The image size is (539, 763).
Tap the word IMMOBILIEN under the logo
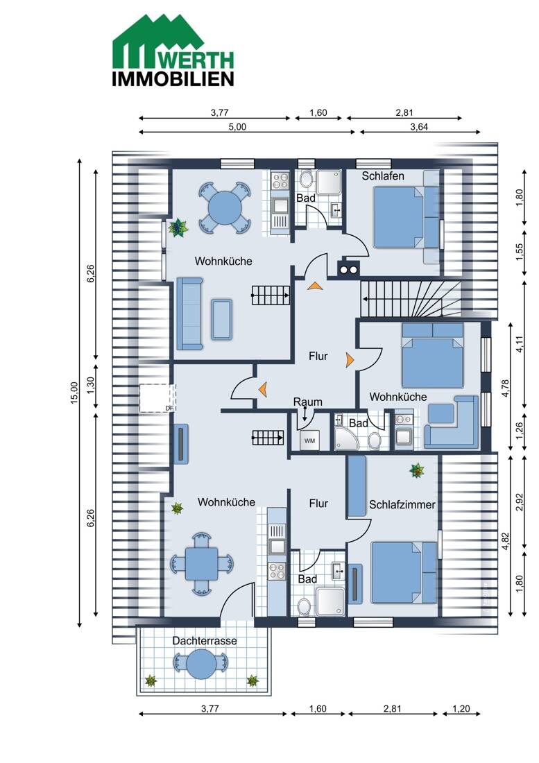click(x=173, y=79)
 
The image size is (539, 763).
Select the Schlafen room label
click(x=383, y=175)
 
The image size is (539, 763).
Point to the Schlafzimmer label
click(x=402, y=504)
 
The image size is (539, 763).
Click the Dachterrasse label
click(x=205, y=641)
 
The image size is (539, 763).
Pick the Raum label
click(x=307, y=402)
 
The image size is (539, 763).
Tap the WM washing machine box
click(x=310, y=440)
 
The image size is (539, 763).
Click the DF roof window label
click(x=169, y=409)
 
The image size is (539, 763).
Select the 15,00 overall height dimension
click(x=74, y=393)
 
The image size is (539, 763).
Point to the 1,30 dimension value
click(x=90, y=386)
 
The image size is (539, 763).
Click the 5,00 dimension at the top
click(x=237, y=127)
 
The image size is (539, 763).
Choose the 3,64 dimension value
click(x=419, y=127)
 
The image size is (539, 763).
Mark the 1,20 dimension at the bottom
click(x=461, y=708)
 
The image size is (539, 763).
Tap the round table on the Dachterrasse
click(x=201, y=663)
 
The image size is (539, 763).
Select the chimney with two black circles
click(x=348, y=268)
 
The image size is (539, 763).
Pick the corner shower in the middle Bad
click(x=346, y=437)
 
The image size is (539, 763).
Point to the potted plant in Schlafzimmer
click(x=416, y=470)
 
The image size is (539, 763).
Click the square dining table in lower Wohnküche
click(x=201, y=563)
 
